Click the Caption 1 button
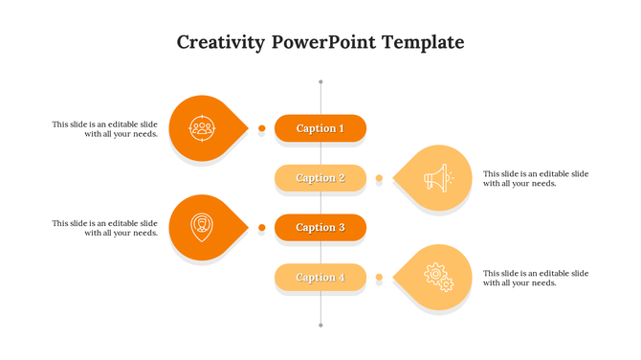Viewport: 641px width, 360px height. pos(320,128)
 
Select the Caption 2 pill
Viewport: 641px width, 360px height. pos(320,178)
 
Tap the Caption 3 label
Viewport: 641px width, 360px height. pos(320,228)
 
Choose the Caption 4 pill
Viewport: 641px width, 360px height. pos(320,278)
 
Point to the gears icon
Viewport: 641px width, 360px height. pos(437,277)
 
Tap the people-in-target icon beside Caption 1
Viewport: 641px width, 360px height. pos(202,127)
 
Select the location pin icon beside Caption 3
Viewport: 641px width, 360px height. pos(202,227)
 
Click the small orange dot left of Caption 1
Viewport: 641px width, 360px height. pos(261,128)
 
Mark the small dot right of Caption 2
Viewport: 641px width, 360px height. pos(379,178)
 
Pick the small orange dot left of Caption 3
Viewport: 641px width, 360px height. pos(261,228)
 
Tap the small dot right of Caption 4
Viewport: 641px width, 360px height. pos(379,278)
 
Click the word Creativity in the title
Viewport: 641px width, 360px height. pos(220,43)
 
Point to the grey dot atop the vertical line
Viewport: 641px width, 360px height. pos(320,81)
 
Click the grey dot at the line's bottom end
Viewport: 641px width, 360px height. pos(320,326)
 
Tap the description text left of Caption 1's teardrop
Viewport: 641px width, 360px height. pos(106,129)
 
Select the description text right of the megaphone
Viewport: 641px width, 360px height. pos(536,178)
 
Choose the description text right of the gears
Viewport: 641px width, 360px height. pos(536,278)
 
